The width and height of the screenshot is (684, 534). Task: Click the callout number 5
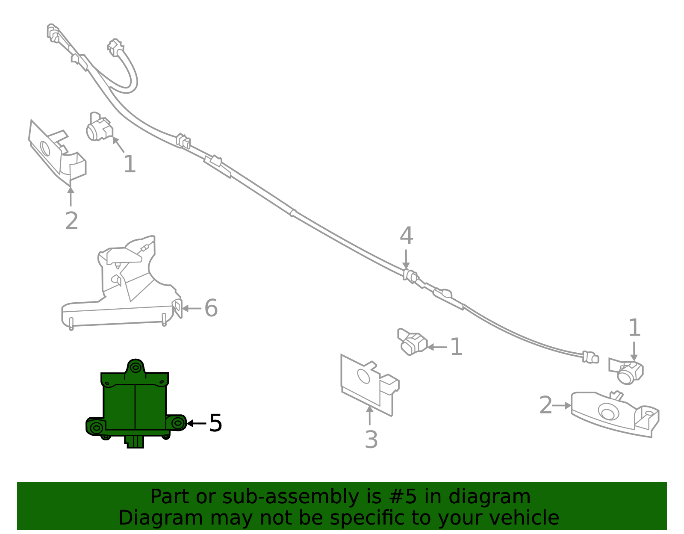[x=215, y=423]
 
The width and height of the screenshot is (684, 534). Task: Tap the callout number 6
[x=211, y=308]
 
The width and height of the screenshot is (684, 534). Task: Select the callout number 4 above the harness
[x=406, y=236]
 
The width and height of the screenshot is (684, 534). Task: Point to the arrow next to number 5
[x=196, y=423]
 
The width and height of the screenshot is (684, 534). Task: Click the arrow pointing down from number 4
[x=406, y=259]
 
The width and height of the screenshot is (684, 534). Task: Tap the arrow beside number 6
[x=192, y=308]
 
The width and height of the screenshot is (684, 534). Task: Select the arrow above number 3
[x=369, y=416]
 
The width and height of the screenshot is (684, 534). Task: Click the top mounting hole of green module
[x=136, y=367]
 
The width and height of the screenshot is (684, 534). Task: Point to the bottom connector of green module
[x=135, y=442]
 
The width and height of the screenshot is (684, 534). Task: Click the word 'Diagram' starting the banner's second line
[x=161, y=518]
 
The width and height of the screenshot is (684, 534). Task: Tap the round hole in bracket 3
[x=363, y=376]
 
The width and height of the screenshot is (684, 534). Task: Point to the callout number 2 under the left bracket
[x=71, y=221]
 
